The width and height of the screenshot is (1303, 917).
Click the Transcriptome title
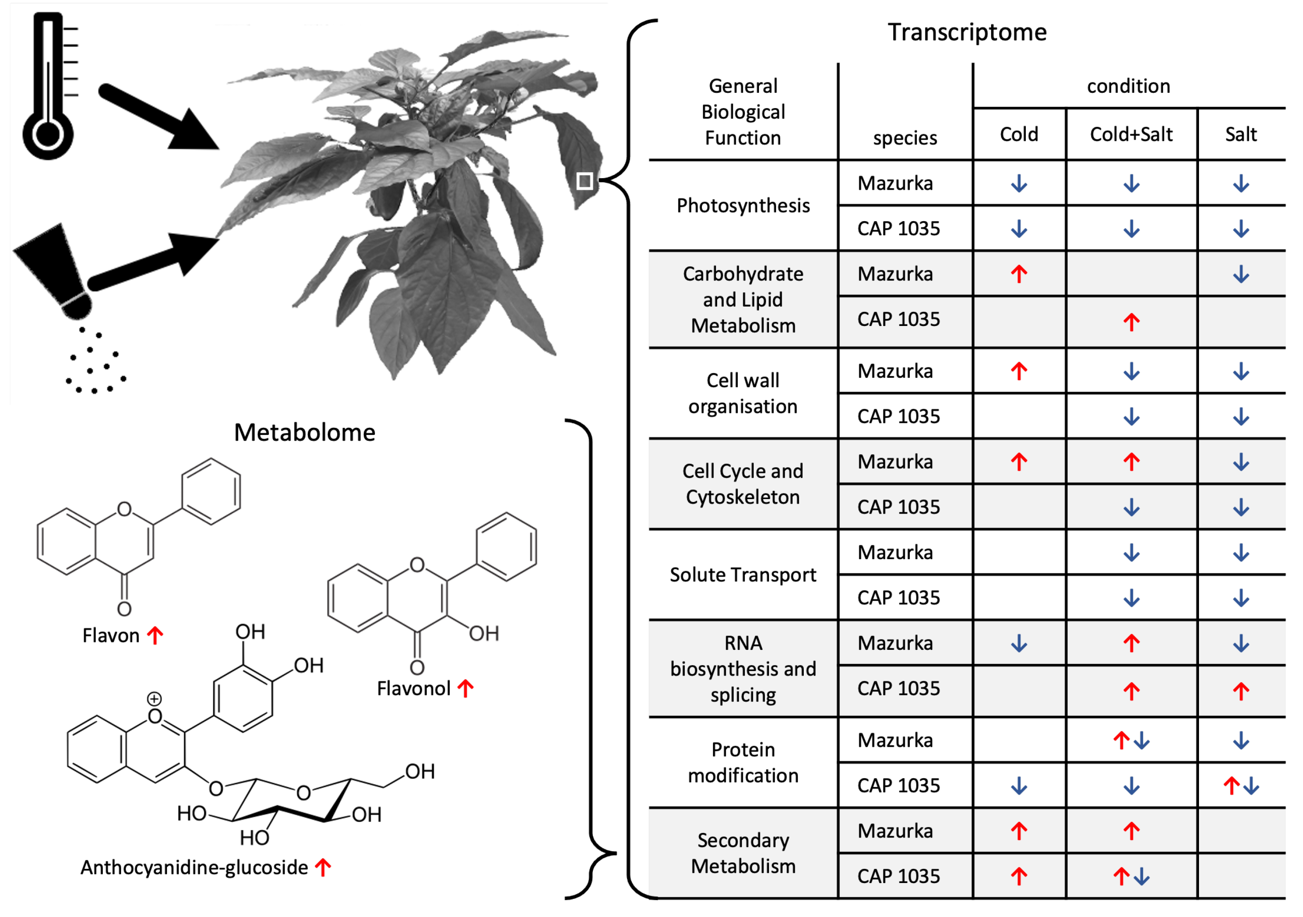[967, 32]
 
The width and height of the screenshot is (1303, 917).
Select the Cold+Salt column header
[1131, 135]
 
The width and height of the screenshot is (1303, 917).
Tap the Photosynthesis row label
[743, 205]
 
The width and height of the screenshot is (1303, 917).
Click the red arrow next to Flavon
[155, 635]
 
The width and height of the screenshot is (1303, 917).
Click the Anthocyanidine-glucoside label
[194, 867]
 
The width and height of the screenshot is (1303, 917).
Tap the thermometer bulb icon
[48, 135]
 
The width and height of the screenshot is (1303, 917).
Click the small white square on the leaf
[585, 181]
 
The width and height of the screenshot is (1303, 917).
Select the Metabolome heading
[305, 432]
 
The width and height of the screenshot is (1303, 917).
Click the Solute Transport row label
[743, 575]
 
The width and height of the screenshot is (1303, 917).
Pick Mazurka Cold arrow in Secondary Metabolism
[1019, 831]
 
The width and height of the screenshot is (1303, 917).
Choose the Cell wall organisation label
[743, 393]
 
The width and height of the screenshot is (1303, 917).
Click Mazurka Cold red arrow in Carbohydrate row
[1019, 274]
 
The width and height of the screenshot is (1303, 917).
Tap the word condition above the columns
[1128, 86]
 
